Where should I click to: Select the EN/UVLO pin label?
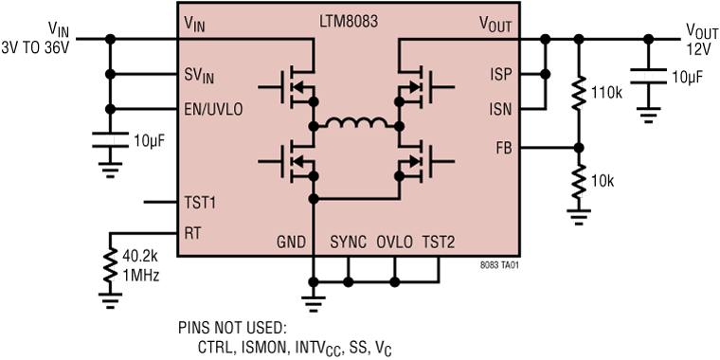click(x=215, y=110)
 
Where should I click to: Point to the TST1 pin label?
click(x=200, y=202)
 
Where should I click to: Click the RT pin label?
click(x=191, y=232)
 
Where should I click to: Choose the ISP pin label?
click(x=499, y=74)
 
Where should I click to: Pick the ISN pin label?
click(x=499, y=109)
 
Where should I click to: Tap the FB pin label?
click(x=503, y=148)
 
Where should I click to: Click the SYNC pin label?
click(x=349, y=243)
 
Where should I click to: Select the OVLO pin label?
click(x=394, y=243)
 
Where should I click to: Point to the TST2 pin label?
click(x=438, y=243)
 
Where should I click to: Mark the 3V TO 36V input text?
click(x=35, y=47)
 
